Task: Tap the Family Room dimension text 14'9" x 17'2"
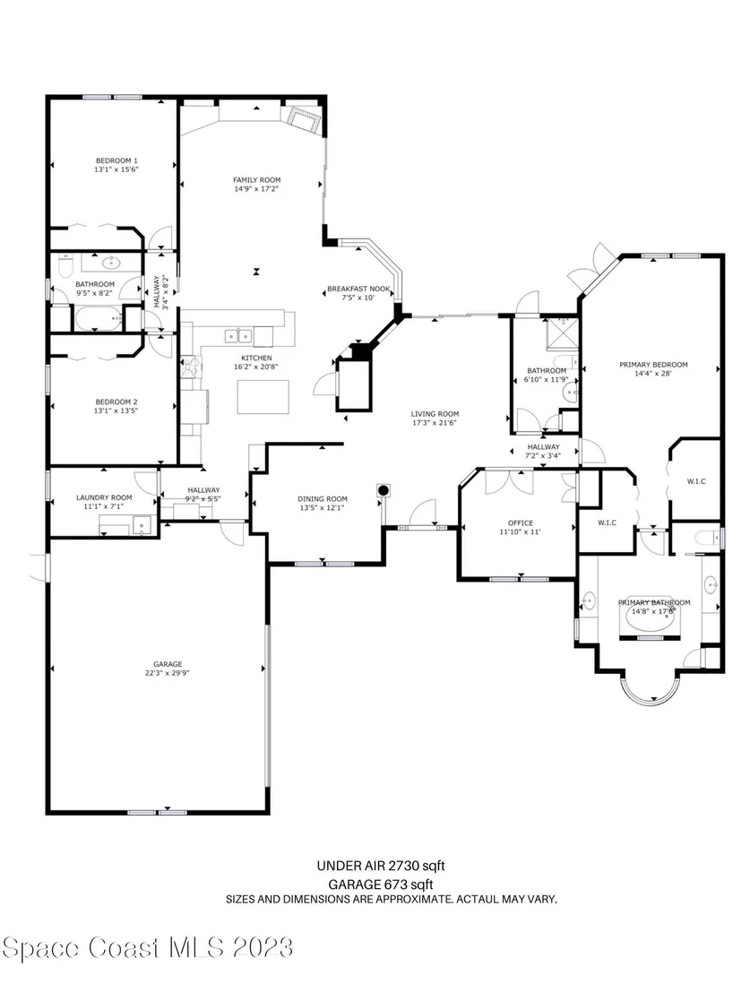tap(256, 189)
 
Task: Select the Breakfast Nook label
tap(358, 289)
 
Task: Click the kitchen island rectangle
tap(263, 397)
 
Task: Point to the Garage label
tap(168, 664)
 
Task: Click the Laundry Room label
tap(104, 497)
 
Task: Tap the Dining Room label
tap(323, 499)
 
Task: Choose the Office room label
tap(520, 523)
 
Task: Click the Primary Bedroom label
tap(653, 365)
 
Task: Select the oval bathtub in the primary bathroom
tap(651, 620)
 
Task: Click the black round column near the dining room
tap(384, 490)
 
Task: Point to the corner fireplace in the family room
tap(303, 118)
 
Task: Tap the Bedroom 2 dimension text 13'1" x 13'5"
tap(116, 410)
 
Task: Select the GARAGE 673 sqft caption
tap(380, 885)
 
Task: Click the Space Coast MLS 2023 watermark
tap(148, 948)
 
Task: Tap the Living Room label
tap(435, 414)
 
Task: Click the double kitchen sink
tap(238, 336)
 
